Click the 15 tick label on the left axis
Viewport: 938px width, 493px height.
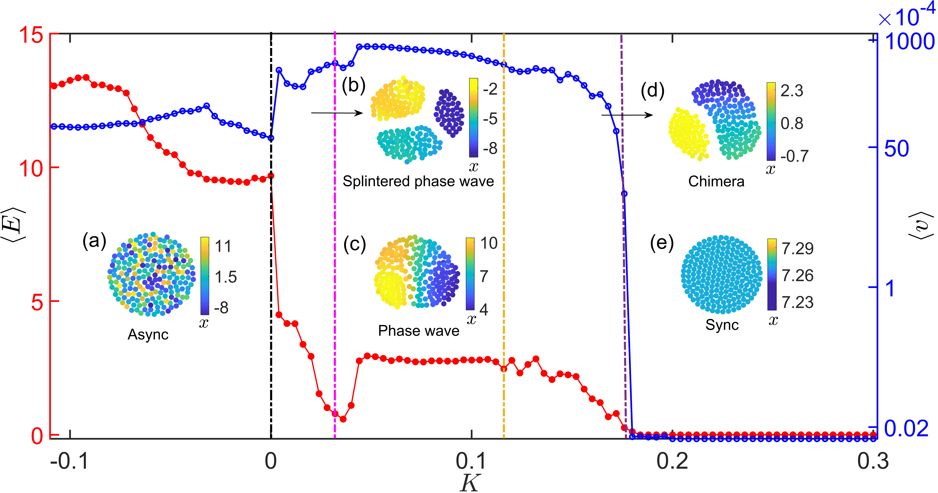[31, 35]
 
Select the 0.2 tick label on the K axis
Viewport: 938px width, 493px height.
[672, 461]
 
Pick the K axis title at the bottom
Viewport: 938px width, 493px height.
[470, 483]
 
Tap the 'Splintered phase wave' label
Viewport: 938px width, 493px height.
[418, 181]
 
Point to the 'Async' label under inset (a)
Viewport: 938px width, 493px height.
[148, 334]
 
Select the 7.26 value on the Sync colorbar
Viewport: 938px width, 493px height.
[797, 275]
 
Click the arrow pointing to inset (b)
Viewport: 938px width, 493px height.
[337, 113]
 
